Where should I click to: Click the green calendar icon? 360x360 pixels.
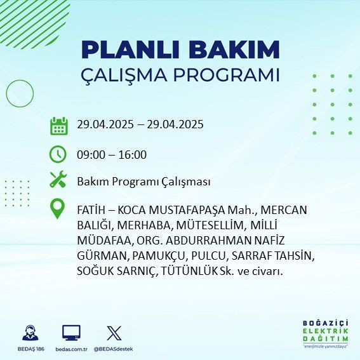click(x=58, y=125)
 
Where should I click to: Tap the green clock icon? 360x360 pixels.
click(x=58, y=154)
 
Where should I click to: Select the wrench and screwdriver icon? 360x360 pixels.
click(x=58, y=181)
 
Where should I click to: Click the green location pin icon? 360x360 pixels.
click(x=58, y=209)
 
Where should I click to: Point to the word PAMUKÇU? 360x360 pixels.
click(x=157, y=256)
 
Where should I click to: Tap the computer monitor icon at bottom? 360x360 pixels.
click(x=71, y=332)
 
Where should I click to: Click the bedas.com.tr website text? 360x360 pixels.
click(x=71, y=349)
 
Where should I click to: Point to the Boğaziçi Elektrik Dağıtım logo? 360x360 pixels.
click(x=325, y=333)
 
